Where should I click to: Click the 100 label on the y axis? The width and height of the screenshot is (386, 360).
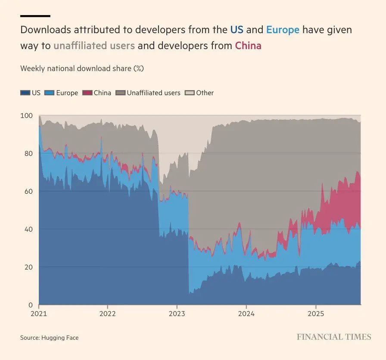(x=27, y=116)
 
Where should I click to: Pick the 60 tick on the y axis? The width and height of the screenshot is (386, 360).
(x=28, y=191)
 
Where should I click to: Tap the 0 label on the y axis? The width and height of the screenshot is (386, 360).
(x=30, y=304)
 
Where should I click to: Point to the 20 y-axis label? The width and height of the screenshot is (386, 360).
(x=28, y=267)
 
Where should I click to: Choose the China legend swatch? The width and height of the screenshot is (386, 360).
(x=87, y=93)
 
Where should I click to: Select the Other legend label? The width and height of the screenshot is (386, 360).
(x=205, y=93)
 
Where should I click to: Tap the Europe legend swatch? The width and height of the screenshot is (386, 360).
(x=50, y=93)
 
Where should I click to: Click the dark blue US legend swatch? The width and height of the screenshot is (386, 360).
(x=25, y=93)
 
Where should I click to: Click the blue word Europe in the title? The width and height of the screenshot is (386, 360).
(x=283, y=30)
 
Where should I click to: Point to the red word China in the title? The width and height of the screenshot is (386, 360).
(x=248, y=45)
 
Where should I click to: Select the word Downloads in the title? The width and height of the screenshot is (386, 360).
(x=46, y=30)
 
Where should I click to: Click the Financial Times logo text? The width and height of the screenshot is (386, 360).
(x=334, y=337)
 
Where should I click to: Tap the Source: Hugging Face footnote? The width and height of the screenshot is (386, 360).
(x=50, y=338)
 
